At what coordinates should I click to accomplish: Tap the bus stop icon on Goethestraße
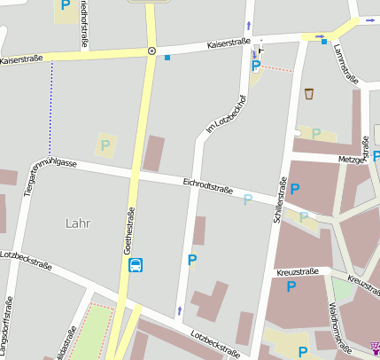(x=136, y=265)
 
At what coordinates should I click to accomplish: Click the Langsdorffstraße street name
(x=8, y=327)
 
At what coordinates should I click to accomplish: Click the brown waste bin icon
(x=309, y=93)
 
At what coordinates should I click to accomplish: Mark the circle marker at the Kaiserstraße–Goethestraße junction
(x=151, y=51)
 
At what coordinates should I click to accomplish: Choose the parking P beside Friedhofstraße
(x=65, y=5)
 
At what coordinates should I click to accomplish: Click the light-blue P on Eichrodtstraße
(x=248, y=200)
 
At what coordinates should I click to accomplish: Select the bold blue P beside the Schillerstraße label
(x=295, y=188)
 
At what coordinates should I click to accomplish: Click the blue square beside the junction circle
(x=167, y=58)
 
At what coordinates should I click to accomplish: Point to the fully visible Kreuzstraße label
(x=297, y=272)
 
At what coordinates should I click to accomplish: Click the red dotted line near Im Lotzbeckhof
(x=276, y=68)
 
